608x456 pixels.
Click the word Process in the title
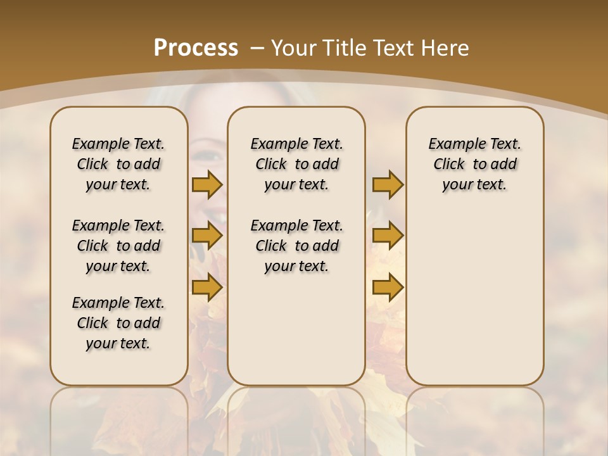(196, 48)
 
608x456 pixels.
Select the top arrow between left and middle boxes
(207, 185)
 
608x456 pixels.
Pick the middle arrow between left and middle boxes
(207, 236)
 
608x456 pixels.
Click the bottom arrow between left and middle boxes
(207, 288)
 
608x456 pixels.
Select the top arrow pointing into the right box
(388, 185)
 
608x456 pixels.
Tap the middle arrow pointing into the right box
(388, 236)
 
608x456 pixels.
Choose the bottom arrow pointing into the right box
(388, 288)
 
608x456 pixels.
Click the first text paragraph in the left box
(118, 164)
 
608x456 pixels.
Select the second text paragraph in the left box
(118, 246)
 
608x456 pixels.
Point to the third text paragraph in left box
(118, 323)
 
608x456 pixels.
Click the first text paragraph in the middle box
(297, 164)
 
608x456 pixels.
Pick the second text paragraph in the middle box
(297, 246)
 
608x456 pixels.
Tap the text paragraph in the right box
(475, 164)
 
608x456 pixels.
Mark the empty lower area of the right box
(475, 298)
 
